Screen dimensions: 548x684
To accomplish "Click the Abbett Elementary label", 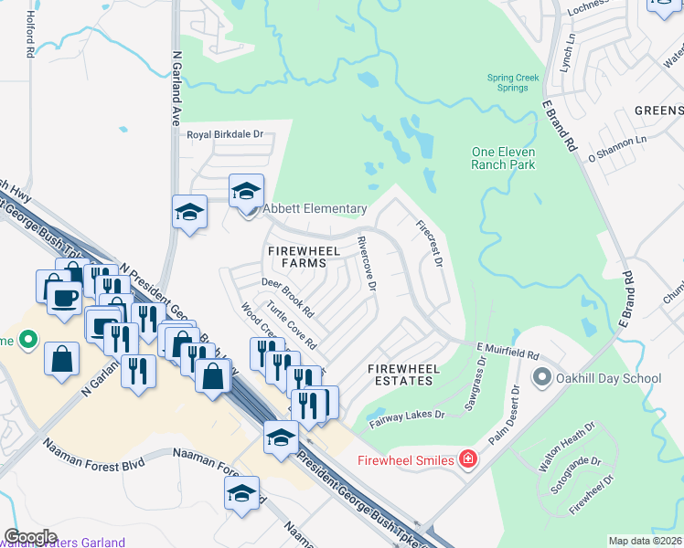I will pos(315,209).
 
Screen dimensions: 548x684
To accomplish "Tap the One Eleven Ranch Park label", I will pos(503,158).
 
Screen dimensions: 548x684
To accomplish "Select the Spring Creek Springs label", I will pos(513,82).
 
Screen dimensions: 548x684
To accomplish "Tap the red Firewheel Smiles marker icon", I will pos(468,458).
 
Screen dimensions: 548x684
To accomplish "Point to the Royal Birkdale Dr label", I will pos(225,135).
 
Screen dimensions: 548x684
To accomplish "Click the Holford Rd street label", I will pos(30,37).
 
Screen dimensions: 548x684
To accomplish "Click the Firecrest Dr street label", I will pos(429,243).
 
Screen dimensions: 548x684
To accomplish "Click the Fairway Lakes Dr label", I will pos(407,419).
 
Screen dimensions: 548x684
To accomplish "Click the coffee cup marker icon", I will pos(63,296).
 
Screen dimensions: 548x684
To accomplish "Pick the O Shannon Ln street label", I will pos(616,145).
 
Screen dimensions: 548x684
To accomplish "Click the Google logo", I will pos(30,537).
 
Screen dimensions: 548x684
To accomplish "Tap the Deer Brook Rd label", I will pos(287,298).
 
